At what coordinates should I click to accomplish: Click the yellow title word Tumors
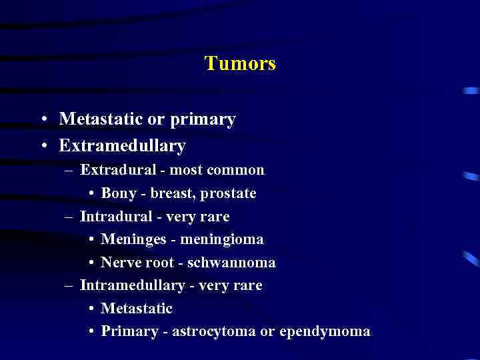(x=240, y=64)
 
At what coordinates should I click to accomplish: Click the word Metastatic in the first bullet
(x=101, y=119)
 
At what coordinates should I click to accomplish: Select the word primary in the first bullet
(x=203, y=120)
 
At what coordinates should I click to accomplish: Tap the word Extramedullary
(x=122, y=145)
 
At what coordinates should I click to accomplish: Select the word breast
(x=172, y=193)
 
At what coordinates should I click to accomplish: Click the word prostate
(x=229, y=194)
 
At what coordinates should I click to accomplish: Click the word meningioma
(x=223, y=239)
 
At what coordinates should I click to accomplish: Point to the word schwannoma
(x=231, y=263)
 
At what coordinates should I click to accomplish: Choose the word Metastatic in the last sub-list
(x=137, y=309)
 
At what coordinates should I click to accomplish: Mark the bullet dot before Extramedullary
(x=43, y=145)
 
